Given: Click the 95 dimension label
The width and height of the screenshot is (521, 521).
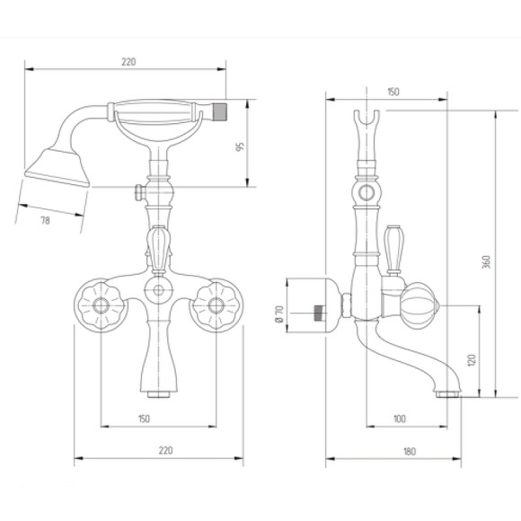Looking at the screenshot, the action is [240, 146].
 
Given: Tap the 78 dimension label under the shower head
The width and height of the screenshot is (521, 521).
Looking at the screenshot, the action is [45, 220].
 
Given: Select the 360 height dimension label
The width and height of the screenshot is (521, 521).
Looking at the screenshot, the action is [486, 261].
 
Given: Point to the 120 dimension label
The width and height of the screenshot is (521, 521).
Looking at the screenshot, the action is [472, 360].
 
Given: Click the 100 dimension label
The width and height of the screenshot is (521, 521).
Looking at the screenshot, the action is [400, 419].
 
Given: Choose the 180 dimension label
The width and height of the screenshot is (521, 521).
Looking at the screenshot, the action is [410, 452].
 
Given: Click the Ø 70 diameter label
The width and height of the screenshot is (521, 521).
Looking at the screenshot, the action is [279, 314].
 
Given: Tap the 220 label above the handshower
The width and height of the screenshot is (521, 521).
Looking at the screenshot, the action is [128, 62].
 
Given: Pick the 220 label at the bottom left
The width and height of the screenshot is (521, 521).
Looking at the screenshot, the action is [165, 451].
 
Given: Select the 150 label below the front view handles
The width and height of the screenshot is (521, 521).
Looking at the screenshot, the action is [144, 419].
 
